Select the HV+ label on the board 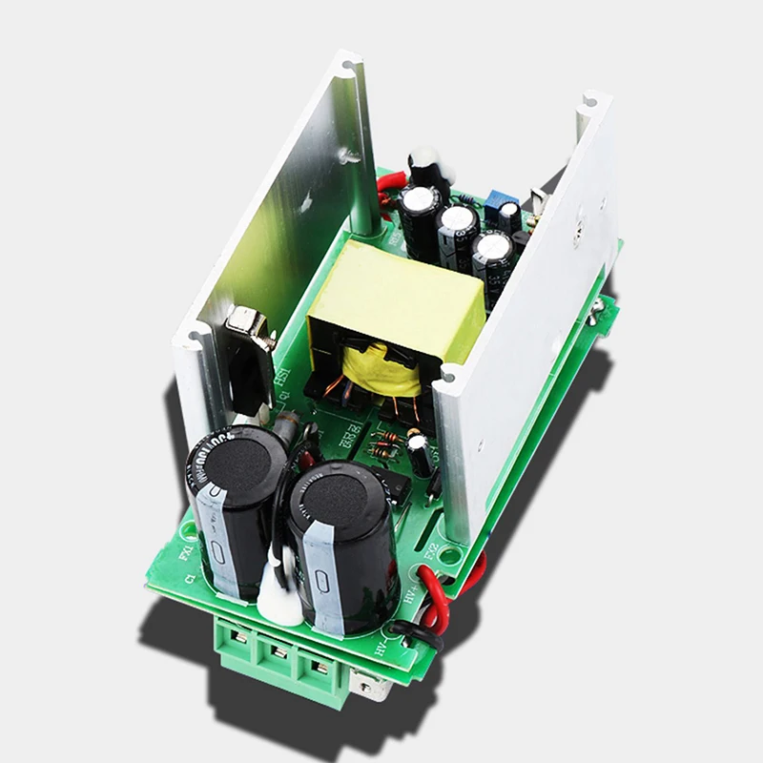(410, 596)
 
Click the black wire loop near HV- (420, 635)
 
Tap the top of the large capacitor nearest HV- (339, 496)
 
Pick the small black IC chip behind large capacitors (396, 482)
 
